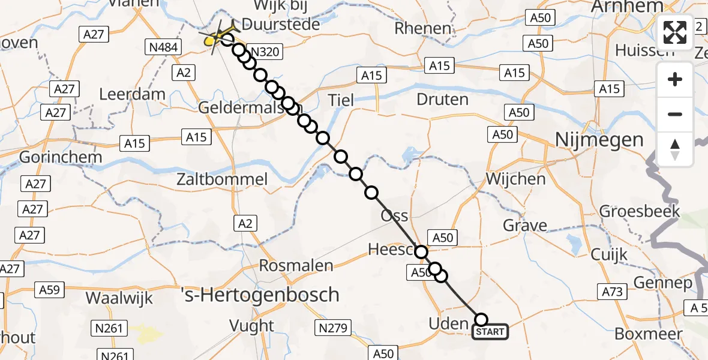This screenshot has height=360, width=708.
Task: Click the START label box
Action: coord(490,332)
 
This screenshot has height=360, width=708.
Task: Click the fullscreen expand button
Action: coord(675,32)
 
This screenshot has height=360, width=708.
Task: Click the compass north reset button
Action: coord(675,149)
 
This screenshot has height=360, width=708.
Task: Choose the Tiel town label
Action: coord(341,100)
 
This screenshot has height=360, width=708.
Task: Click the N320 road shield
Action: coord(263,52)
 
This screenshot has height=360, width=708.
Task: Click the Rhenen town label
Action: coord(423,28)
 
